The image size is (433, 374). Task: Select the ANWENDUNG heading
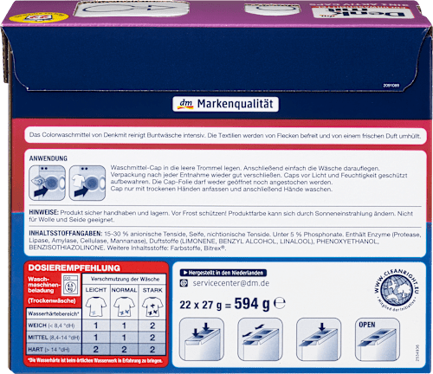pos(49,160)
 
